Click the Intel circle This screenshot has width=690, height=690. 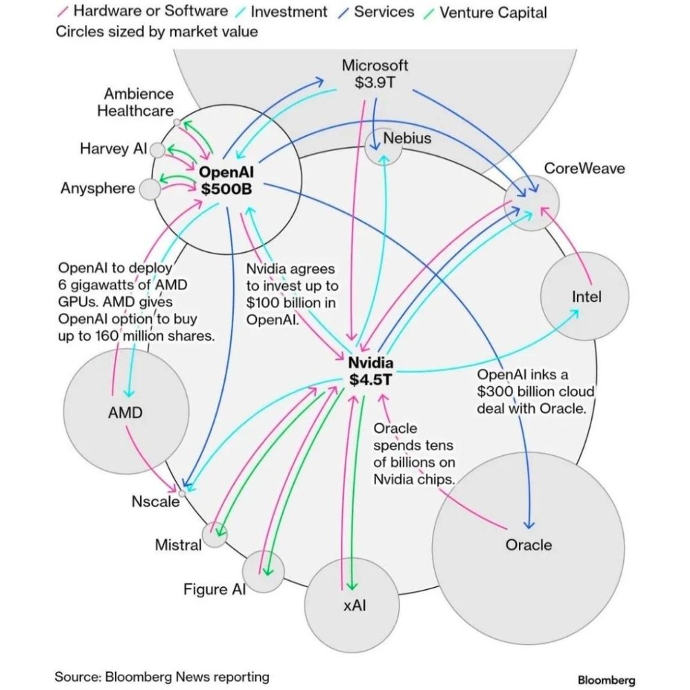coord(585,296)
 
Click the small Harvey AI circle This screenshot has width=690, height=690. coord(157,150)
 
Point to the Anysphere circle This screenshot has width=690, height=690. coord(148,189)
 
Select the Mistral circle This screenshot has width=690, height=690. coord(215,535)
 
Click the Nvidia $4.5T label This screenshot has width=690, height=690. coord(371,371)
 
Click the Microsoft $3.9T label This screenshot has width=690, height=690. coord(375,74)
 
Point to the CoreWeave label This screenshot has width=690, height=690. coord(584,168)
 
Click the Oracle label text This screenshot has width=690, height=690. coord(529,544)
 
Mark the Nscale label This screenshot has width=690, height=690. coord(155,501)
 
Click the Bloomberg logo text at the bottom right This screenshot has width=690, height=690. coord(606,680)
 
